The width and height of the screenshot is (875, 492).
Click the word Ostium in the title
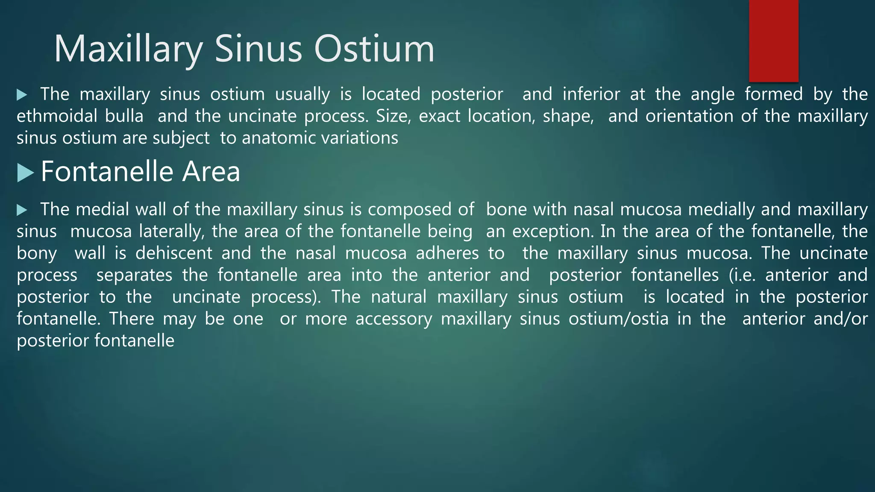point(374,49)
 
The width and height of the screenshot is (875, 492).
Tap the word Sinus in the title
point(258,49)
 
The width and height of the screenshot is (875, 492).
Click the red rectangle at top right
point(773,41)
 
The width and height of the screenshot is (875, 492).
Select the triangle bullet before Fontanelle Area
point(25,173)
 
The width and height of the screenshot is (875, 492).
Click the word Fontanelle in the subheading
point(107,172)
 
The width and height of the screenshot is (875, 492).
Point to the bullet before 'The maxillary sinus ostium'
point(22,95)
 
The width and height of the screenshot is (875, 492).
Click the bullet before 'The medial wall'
point(22,210)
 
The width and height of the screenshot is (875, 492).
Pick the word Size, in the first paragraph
point(393,116)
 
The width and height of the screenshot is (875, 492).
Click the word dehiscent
point(173,253)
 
